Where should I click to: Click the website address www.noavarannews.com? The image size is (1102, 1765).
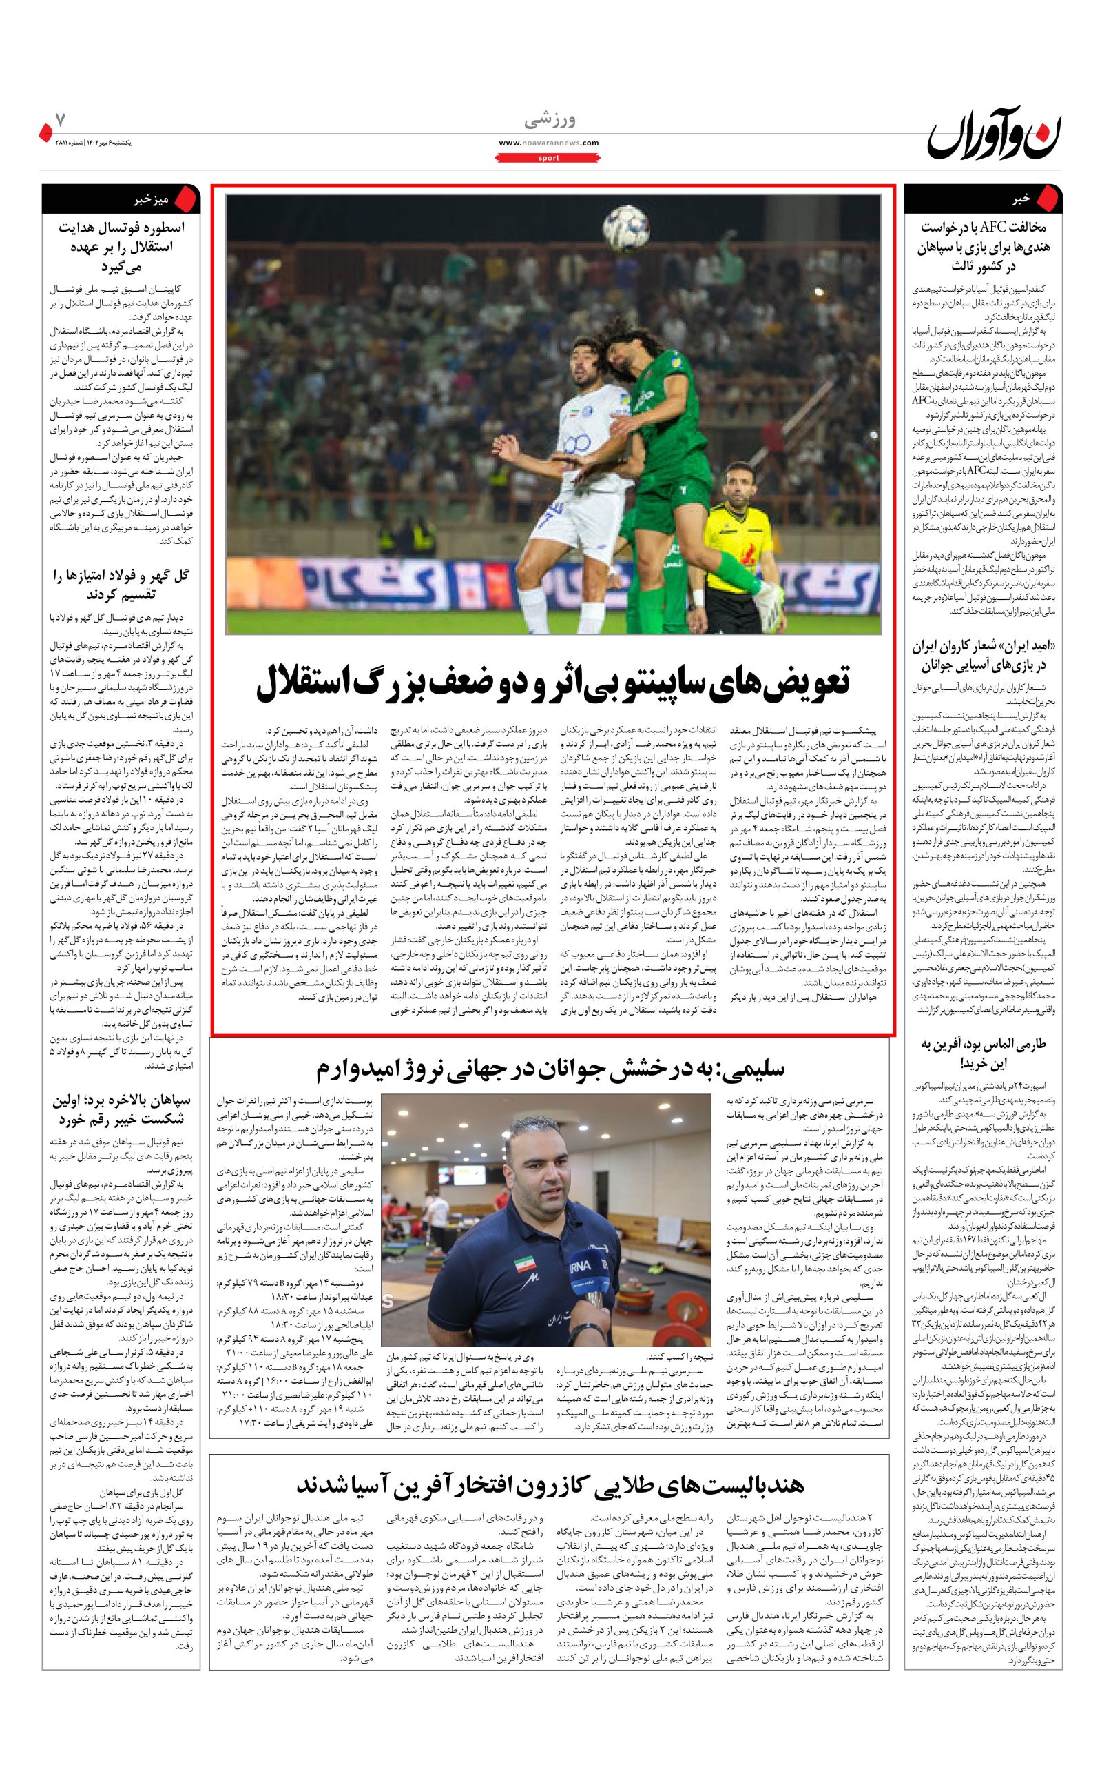pos(549,143)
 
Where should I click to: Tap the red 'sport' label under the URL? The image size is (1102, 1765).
pos(549,157)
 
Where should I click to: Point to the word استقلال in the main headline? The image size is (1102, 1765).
pos(311,683)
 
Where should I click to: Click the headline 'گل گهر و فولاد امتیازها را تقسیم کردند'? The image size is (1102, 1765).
pos(121,585)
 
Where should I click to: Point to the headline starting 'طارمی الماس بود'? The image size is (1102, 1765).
pos(982,1053)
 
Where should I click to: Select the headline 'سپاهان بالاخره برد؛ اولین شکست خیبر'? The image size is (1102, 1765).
pos(121,1109)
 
